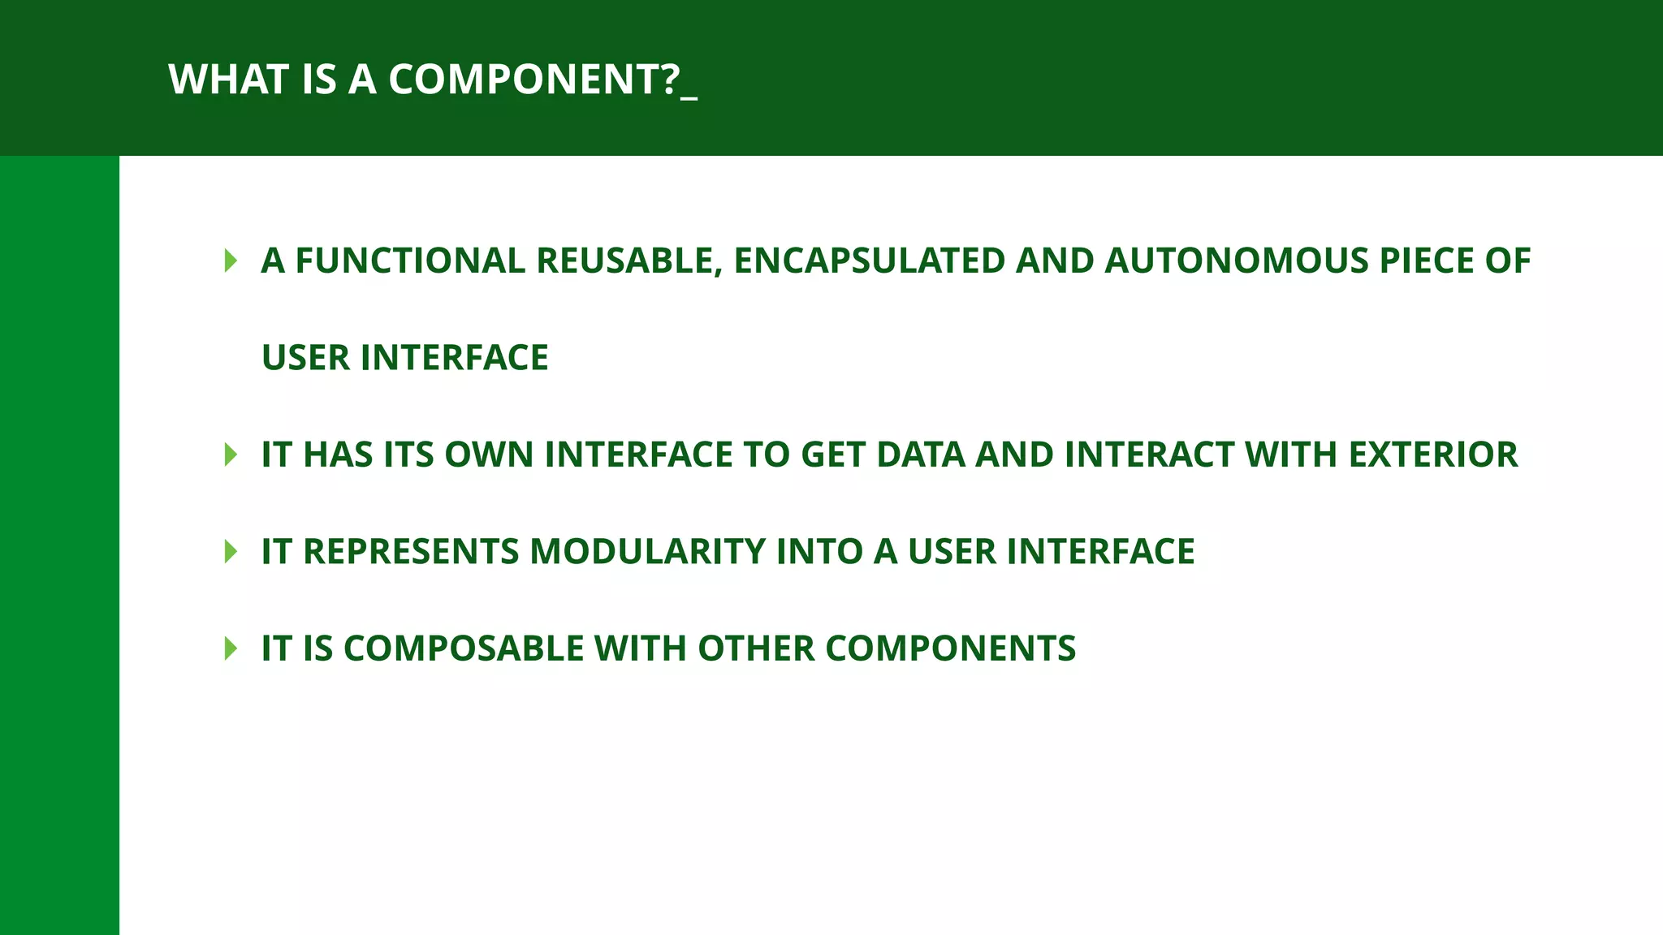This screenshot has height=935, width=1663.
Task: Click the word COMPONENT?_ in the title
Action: tap(542, 80)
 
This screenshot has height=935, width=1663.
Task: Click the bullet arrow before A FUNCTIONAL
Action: tap(231, 261)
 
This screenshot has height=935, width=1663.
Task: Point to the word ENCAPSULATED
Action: tap(870, 261)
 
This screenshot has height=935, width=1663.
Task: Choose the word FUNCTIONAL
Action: tap(410, 261)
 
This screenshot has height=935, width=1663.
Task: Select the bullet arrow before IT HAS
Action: tap(231, 455)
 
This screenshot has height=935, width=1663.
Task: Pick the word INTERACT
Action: tap(1149, 455)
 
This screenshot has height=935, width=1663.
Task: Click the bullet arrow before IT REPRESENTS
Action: tap(231, 552)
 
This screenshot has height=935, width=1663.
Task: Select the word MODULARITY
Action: tap(647, 552)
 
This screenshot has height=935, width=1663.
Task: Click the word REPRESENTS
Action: tap(410, 552)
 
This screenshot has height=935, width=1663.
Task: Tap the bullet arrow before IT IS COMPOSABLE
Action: tap(231, 648)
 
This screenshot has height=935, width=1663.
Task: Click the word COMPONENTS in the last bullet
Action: tap(950, 648)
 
